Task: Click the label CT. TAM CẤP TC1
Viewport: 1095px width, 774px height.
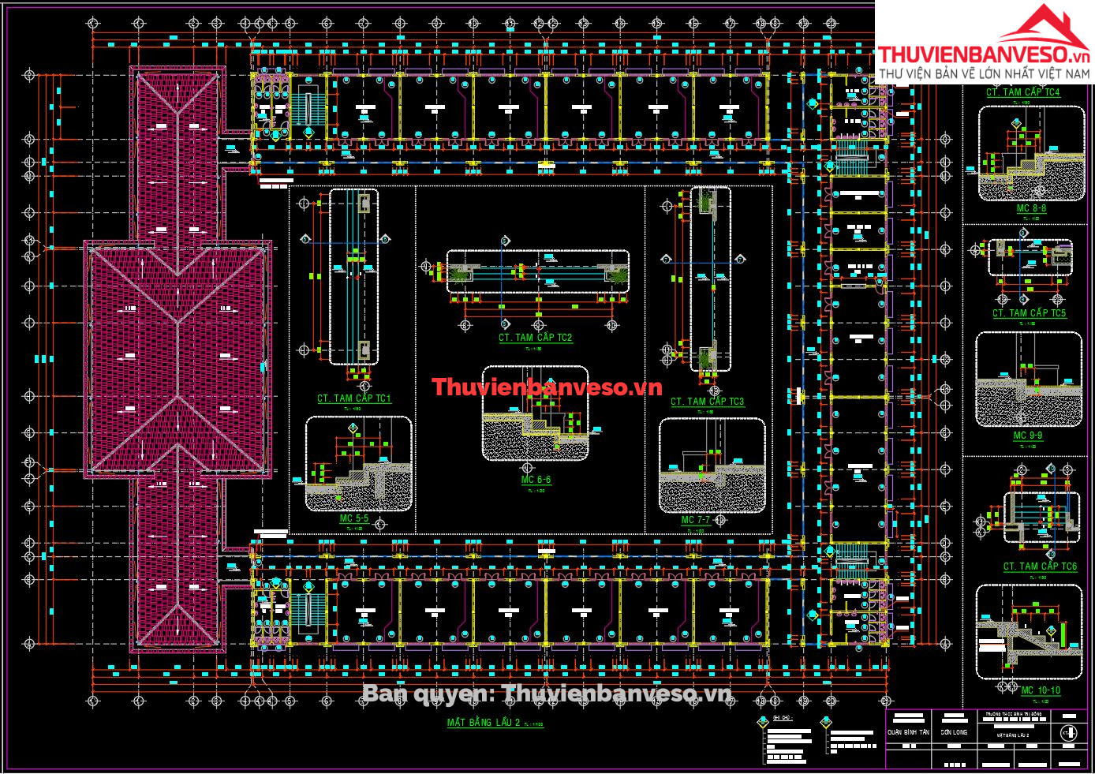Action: [353, 398]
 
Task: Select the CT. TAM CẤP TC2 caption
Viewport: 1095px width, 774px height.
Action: [535, 338]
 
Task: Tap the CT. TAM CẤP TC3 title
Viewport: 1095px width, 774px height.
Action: [707, 402]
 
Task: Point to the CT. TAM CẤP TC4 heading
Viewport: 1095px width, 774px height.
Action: [1022, 92]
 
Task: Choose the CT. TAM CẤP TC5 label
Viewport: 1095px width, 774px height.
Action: [1029, 313]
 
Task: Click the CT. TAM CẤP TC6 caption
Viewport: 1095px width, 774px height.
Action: [1039, 566]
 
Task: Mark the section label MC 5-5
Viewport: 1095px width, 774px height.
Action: [353, 519]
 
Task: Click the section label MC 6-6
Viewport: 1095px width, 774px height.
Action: [536, 480]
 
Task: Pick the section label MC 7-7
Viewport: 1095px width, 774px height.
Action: [696, 521]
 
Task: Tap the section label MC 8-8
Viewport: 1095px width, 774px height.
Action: [1031, 209]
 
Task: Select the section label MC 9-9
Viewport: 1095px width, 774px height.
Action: [1027, 436]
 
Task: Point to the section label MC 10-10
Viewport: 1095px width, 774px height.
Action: [1041, 690]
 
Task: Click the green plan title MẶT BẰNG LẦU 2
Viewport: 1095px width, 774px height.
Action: [483, 723]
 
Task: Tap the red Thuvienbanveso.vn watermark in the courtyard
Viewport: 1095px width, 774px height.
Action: [547, 387]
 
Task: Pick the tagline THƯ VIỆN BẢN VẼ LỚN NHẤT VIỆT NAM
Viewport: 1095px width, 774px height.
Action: [984, 73]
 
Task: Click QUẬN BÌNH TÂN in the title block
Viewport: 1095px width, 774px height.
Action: [908, 732]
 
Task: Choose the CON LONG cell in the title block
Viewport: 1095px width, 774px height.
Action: [954, 732]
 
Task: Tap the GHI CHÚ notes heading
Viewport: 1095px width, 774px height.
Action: [782, 718]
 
